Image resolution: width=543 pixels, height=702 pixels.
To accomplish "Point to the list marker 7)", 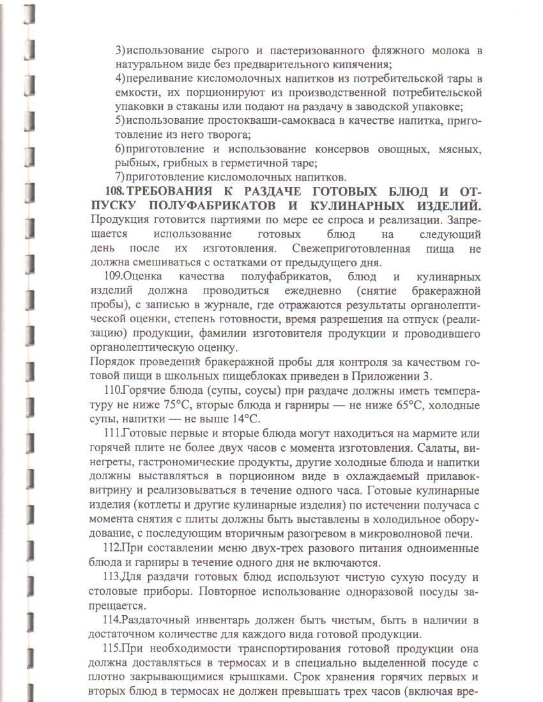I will point(120,177).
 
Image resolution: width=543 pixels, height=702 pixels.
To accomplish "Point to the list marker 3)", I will point(120,50).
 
